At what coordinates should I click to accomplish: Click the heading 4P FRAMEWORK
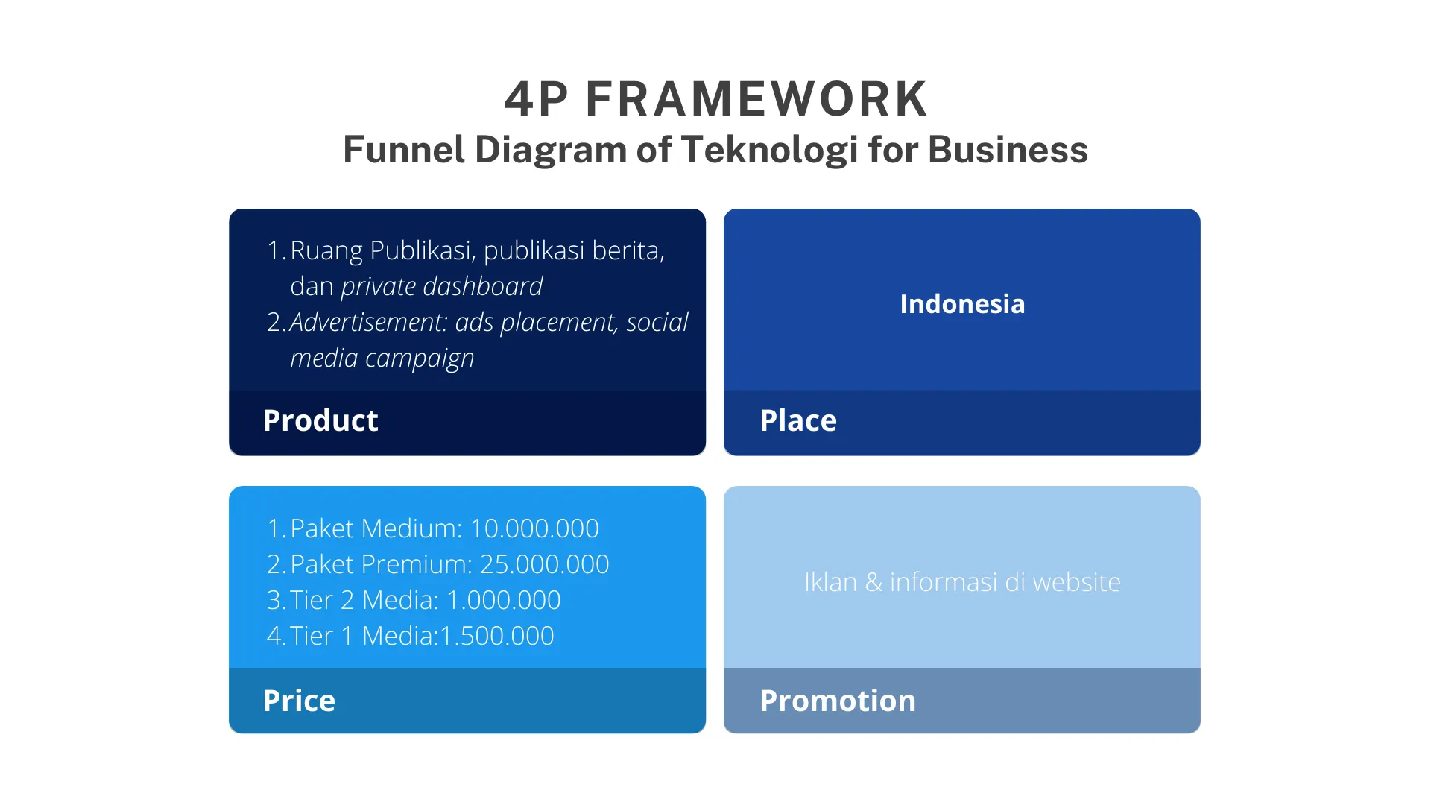click(715, 99)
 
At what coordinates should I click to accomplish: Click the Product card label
click(320, 420)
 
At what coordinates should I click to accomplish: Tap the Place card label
click(798, 420)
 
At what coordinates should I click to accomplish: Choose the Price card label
click(299, 701)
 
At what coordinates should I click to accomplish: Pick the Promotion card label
click(838, 701)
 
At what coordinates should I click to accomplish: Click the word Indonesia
click(962, 304)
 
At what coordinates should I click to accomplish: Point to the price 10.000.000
click(534, 528)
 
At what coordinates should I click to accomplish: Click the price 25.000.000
click(545, 564)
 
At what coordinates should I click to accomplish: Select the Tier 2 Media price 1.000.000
click(504, 600)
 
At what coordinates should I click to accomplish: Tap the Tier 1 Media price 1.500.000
click(497, 636)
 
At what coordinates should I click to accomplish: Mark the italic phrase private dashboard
click(442, 287)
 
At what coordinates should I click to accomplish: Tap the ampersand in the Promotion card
click(874, 582)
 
